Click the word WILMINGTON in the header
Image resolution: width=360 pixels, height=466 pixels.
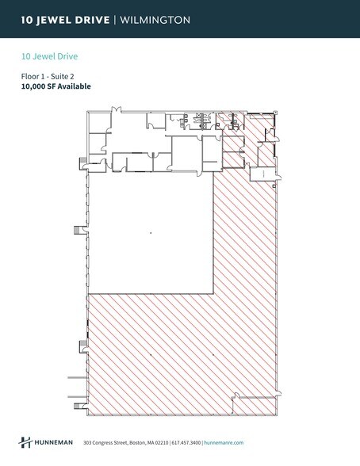[x=155, y=20]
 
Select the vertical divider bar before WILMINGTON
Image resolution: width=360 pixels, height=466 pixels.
[x=116, y=20]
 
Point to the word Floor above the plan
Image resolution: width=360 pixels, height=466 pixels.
[x=30, y=77]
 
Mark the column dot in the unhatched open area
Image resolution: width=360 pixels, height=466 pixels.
[x=150, y=232]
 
